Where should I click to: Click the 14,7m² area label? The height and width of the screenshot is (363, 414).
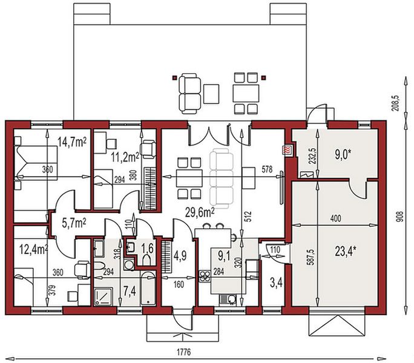tap(72, 142)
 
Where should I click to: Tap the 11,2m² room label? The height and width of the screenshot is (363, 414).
tap(125, 157)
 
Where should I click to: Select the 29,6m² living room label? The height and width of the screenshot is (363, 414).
tap(200, 212)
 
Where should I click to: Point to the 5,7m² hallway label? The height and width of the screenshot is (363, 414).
tap(74, 223)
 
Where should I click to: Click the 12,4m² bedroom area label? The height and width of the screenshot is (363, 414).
tap(34, 249)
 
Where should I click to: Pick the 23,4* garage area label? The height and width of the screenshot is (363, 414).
tap(346, 251)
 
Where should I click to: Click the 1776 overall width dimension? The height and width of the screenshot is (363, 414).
tap(184, 352)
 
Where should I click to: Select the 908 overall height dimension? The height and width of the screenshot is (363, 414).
tap(400, 216)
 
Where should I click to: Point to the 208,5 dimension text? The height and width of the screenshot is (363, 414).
tap(397, 103)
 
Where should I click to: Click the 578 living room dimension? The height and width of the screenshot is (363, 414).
tap(267, 169)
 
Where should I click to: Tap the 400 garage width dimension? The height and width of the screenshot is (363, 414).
tap(335, 218)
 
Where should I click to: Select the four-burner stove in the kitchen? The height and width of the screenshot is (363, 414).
tap(204, 276)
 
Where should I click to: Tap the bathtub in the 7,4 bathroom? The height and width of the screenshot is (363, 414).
tap(148, 288)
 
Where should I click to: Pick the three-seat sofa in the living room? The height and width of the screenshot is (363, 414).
tap(222, 178)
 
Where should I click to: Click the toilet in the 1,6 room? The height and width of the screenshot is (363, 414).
tap(146, 260)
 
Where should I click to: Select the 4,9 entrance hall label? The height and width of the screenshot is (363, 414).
tap(180, 255)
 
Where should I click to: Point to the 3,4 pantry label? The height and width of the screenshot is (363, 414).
tap(276, 283)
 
